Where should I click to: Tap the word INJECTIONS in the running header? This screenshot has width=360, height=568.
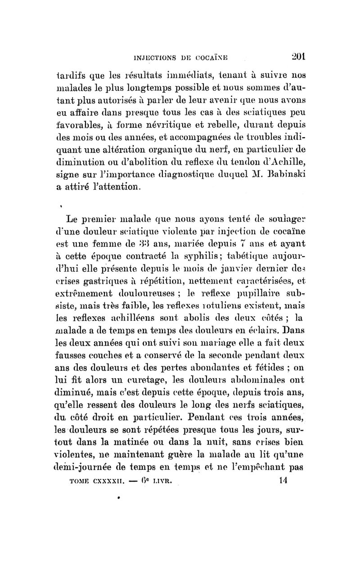tap(161, 49)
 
